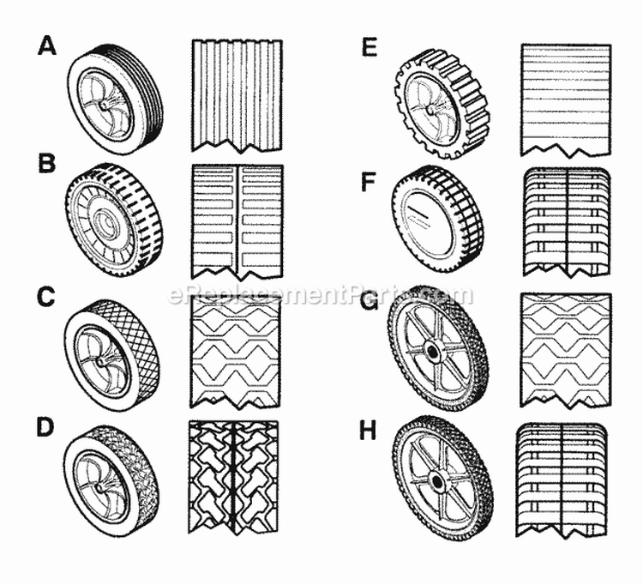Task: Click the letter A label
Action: coord(47,45)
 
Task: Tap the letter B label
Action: coord(46,163)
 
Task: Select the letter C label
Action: coord(46,297)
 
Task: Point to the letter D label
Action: coord(45,428)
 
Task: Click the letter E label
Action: coord(370,47)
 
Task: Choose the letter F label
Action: coord(369,182)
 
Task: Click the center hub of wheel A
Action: coord(104,105)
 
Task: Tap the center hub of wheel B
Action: coord(105,221)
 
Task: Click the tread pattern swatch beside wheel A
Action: coord(237,96)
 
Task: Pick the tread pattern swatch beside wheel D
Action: coord(233,477)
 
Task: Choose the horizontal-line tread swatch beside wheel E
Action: coord(567,100)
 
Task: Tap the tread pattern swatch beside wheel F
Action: coord(567,222)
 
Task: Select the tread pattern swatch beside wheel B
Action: coord(237,222)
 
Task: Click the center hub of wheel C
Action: coord(99,362)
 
